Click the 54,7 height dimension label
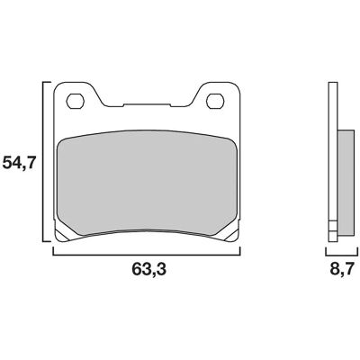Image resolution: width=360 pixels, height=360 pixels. click(19, 164)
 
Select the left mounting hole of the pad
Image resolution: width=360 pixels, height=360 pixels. click(75, 101)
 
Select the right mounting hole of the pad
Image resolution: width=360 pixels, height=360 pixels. click(215, 101)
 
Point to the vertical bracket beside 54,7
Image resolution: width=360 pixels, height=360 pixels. click(45, 161)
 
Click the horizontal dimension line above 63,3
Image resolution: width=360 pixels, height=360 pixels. click(147, 255)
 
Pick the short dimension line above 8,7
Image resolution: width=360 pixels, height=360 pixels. click(342, 255)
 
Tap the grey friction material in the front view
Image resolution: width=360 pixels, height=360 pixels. click(147, 182)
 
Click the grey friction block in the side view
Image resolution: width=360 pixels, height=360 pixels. click(346, 182)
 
